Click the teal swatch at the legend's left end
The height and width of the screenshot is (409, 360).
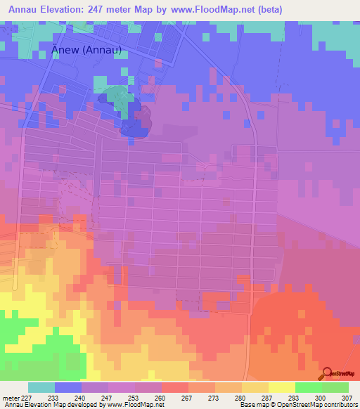click(41, 387)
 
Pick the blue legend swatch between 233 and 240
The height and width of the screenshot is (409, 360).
click(68, 387)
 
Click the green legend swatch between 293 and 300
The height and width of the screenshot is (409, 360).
click(308, 387)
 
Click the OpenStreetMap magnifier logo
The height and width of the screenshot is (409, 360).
click(328, 372)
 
